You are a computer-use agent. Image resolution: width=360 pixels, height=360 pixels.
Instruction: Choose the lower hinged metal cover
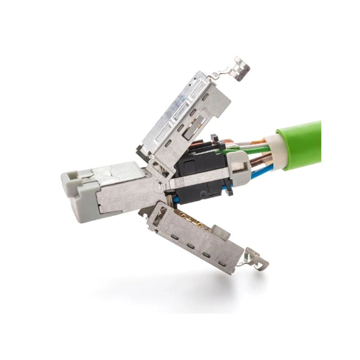click(198, 232)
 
